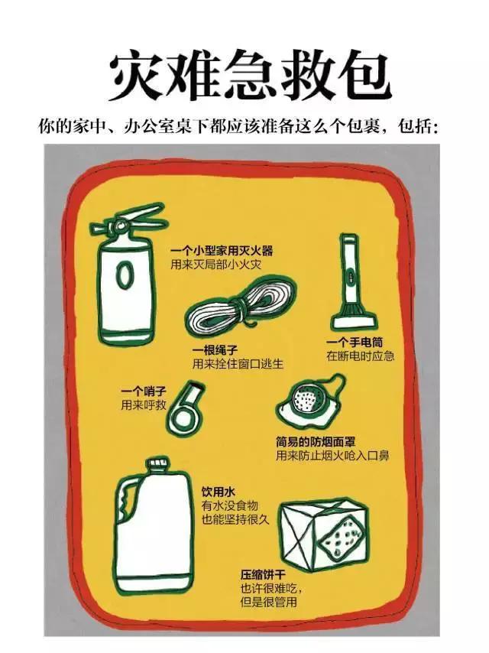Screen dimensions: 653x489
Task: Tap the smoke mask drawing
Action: pyautogui.click(x=309, y=401)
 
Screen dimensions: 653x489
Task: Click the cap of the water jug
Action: pyautogui.click(x=157, y=465)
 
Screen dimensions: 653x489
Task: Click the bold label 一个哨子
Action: pyautogui.click(x=143, y=391)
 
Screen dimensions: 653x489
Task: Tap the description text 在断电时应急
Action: pyautogui.click(x=359, y=356)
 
